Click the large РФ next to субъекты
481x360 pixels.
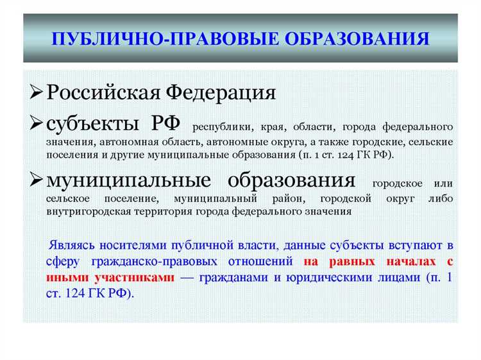point(165,122)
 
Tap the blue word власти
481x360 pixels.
point(256,245)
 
